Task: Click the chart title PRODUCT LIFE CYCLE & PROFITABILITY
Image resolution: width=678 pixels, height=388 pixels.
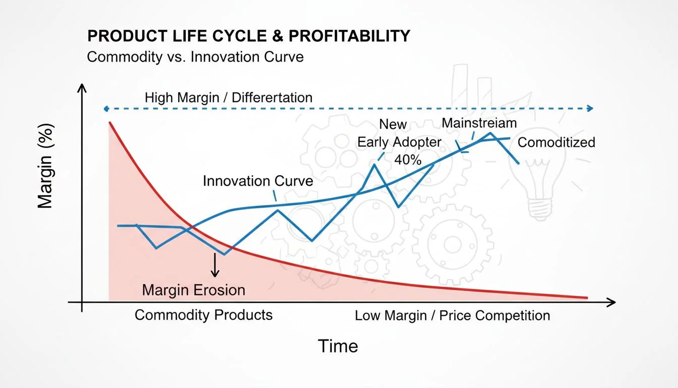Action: click(x=249, y=36)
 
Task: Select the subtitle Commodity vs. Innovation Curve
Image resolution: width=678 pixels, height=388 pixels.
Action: click(x=195, y=56)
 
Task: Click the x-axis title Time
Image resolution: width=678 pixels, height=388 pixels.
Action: click(x=337, y=346)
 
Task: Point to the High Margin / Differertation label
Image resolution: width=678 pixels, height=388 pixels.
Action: click(x=229, y=98)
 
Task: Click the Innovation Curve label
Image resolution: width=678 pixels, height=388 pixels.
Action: click(x=258, y=181)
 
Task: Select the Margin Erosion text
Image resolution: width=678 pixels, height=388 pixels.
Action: click(x=193, y=290)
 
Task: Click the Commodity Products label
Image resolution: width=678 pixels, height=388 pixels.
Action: click(x=203, y=315)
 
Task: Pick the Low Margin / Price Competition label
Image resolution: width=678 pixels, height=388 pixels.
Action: click(x=452, y=316)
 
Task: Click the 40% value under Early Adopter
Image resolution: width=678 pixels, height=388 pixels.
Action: click(x=407, y=160)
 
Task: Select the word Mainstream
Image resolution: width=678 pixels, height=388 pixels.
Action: click(x=479, y=123)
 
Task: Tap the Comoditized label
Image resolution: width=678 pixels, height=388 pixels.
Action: click(x=556, y=142)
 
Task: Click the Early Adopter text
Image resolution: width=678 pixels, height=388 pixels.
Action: click(x=399, y=142)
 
